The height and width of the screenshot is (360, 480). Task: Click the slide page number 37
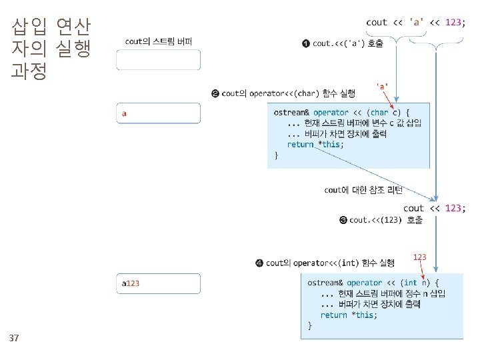[14, 339]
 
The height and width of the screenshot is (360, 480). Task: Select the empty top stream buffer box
[159, 60]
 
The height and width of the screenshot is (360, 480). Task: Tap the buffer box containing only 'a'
[159, 113]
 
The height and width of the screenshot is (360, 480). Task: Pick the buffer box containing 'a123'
[159, 283]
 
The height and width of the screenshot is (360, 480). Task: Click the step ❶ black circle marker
[305, 44]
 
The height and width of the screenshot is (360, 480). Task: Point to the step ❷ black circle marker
[215, 93]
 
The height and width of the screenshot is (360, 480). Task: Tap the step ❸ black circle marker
[343, 220]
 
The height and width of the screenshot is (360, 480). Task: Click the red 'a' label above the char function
[383, 85]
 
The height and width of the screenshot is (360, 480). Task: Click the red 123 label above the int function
[419, 257]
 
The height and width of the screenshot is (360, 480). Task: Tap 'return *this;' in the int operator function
[348, 315]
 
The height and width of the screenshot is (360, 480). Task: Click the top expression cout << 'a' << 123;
[414, 22]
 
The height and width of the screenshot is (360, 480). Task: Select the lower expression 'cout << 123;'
[434, 208]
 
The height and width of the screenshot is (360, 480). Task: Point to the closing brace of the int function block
[309, 325]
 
